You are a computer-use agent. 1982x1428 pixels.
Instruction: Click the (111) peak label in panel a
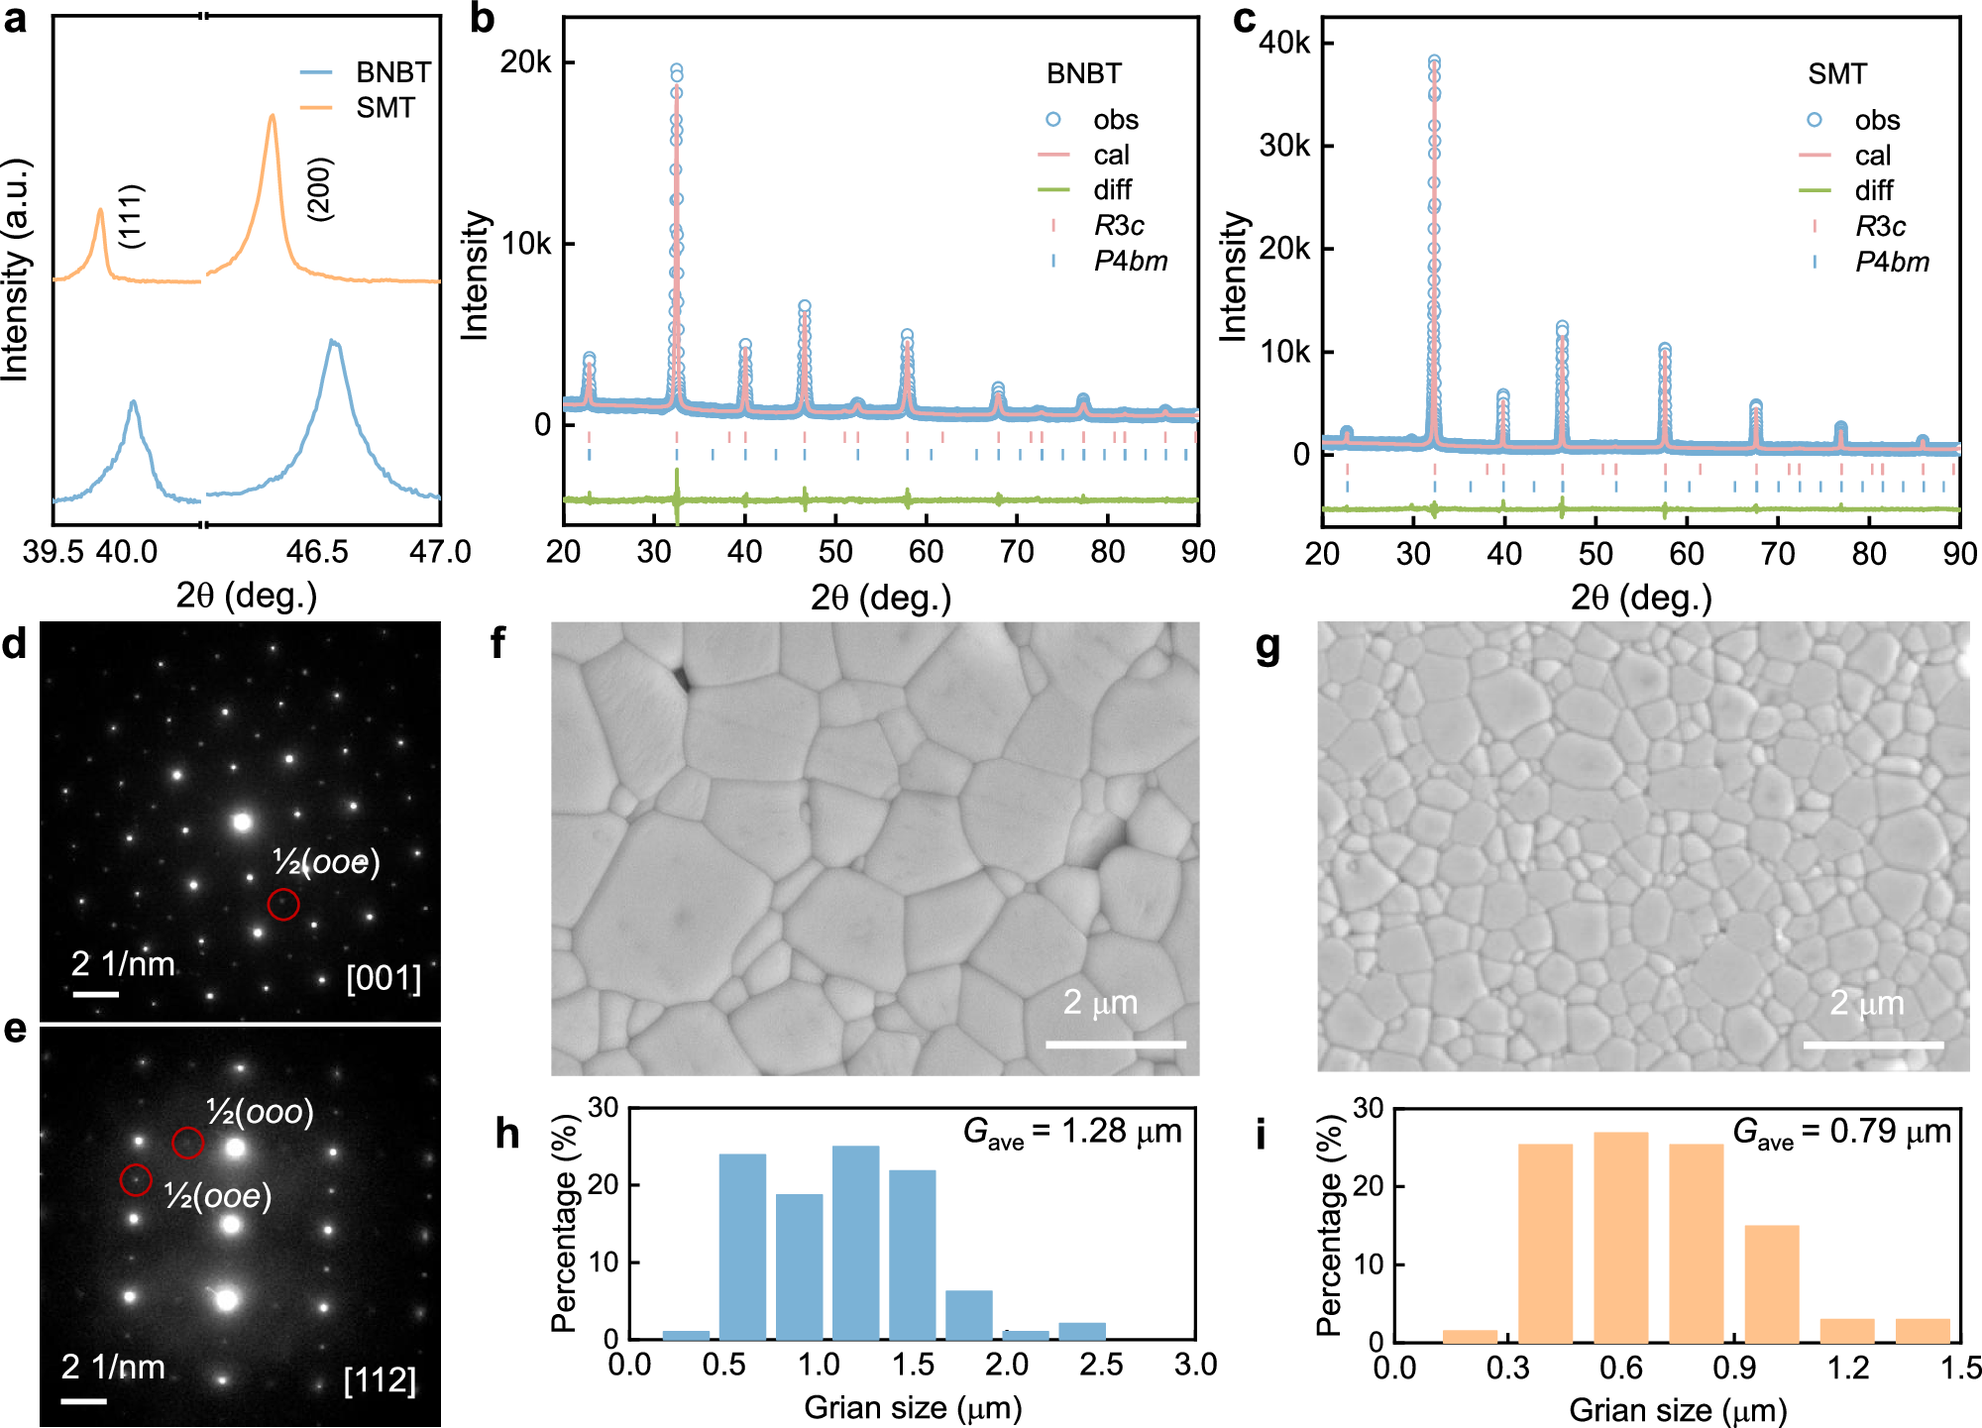(x=131, y=216)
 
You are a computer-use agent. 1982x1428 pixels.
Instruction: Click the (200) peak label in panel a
(x=320, y=188)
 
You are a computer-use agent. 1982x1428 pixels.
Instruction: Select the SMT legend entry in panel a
(x=385, y=107)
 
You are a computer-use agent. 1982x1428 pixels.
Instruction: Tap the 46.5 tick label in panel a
(x=317, y=552)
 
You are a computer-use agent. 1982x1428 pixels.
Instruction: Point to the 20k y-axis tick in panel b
(x=525, y=62)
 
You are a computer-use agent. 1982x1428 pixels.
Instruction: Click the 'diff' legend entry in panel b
(x=1112, y=189)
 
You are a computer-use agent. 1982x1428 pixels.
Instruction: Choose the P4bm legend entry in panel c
(x=1891, y=262)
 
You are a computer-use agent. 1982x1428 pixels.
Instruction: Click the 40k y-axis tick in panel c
(x=1284, y=43)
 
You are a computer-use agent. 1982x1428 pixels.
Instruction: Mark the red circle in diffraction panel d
(x=283, y=904)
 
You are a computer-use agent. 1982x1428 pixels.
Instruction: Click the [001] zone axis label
(x=384, y=978)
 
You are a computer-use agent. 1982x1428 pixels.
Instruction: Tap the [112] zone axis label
(x=380, y=1379)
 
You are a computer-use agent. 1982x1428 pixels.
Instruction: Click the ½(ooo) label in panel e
(x=260, y=1112)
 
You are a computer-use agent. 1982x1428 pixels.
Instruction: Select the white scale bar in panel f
(x=1115, y=1044)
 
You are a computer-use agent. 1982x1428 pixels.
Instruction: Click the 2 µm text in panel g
(x=1867, y=1003)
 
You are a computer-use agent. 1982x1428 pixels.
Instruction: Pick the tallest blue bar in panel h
(x=855, y=1241)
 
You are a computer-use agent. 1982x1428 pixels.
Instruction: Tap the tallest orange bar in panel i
(x=1620, y=1235)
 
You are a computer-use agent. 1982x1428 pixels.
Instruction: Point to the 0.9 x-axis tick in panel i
(x=1734, y=1369)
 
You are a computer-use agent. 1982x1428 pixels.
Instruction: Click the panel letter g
(x=1267, y=648)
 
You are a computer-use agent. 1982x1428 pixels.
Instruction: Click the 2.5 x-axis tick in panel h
(x=1101, y=1365)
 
